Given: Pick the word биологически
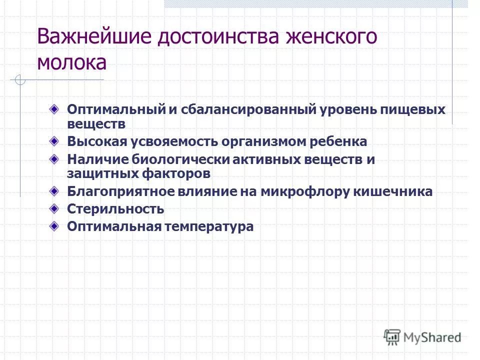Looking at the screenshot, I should pyautogui.click(x=178, y=160).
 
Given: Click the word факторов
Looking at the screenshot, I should pyautogui.click(x=172, y=173).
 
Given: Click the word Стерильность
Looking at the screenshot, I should pyautogui.click(x=115, y=209).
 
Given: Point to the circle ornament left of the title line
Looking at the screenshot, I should pyautogui.click(x=19, y=80).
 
